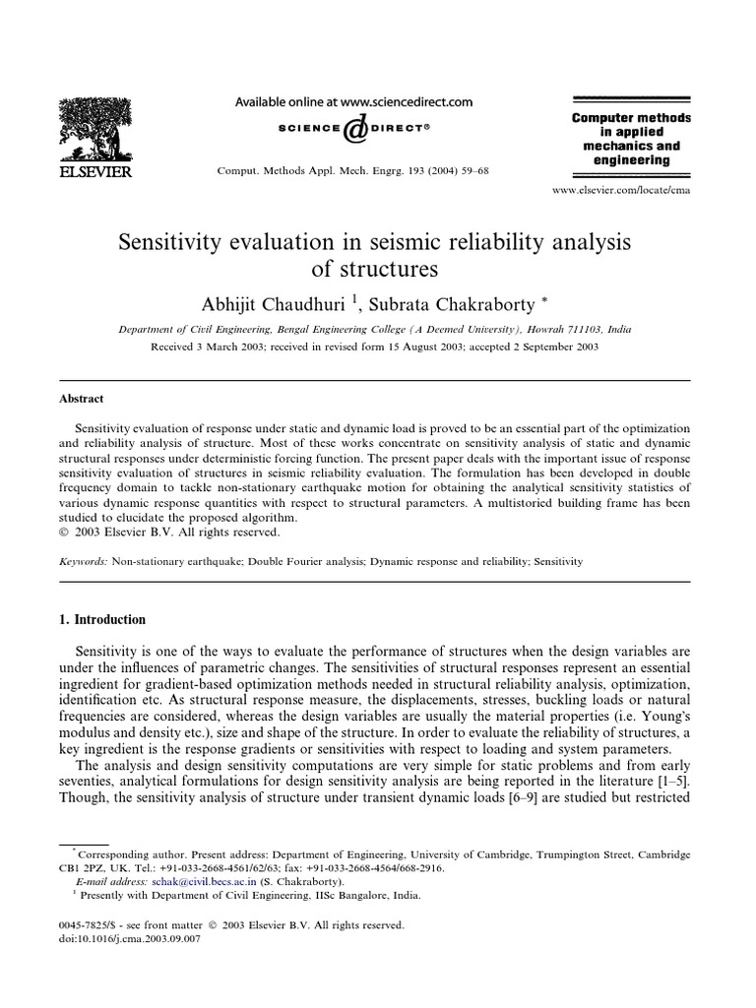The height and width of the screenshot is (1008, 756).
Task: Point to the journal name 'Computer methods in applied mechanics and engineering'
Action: (x=631, y=139)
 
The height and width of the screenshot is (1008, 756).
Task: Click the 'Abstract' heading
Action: (x=85, y=399)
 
